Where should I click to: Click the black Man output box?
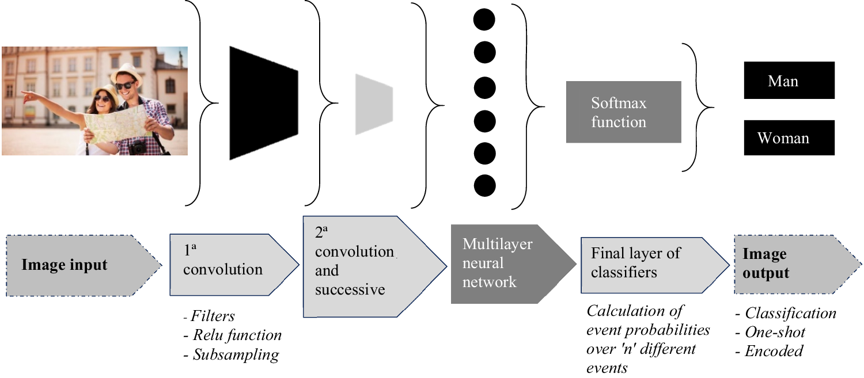(789, 80)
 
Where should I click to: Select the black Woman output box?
(789, 138)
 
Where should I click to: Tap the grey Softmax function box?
(623, 112)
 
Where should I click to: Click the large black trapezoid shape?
(263, 102)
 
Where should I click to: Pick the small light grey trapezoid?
(373, 104)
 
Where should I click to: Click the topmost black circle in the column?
(484, 20)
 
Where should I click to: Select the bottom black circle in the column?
(484, 185)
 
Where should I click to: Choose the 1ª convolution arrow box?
(230, 264)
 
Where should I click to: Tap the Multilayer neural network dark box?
(507, 263)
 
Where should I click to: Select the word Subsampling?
(236, 354)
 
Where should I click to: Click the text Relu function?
(237, 335)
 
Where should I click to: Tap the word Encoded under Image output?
(774, 350)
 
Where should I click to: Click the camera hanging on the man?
(139, 149)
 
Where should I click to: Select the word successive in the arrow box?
(350, 289)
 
